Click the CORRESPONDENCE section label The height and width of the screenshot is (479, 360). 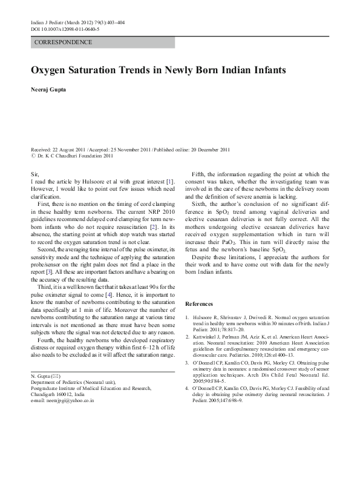tap(64, 42)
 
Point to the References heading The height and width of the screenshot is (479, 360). tap(199, 303)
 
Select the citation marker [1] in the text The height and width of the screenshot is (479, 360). tap(171, 180)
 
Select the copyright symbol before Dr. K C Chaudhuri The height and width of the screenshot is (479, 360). tap(34, 156)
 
